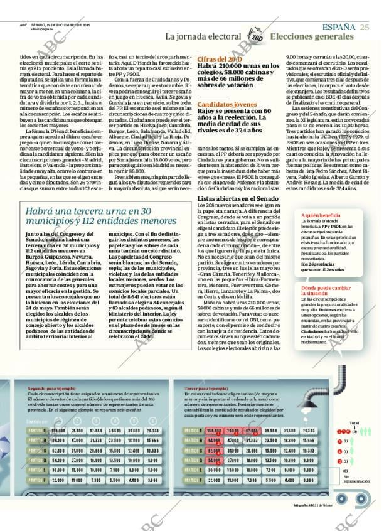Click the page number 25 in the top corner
365,26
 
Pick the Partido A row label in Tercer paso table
193,431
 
